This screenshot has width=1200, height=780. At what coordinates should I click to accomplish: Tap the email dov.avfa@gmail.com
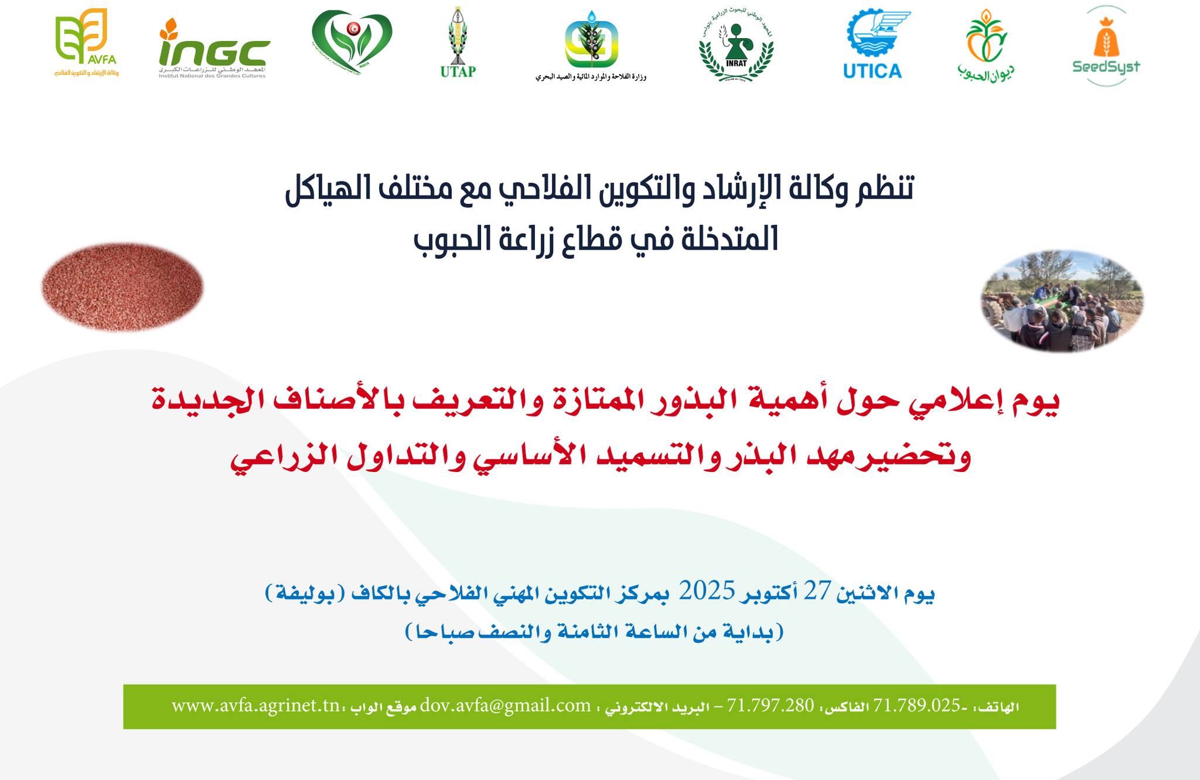[x=505, y=705]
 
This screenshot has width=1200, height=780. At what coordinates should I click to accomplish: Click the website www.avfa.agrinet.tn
[x=255, y=705]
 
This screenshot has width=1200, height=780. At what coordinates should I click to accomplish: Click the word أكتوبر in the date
[x=769, y=593]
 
